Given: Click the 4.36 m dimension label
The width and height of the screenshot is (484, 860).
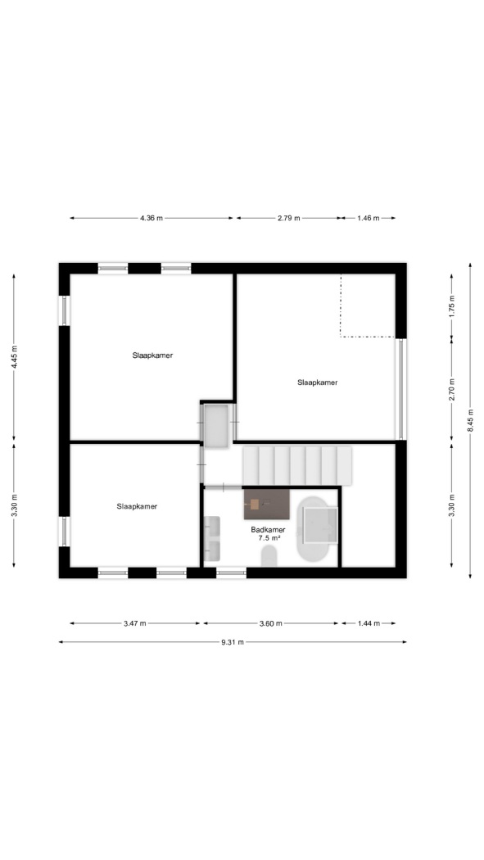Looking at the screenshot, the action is coord(152,218).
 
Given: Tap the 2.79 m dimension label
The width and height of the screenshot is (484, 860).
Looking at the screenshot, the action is coord(288,218).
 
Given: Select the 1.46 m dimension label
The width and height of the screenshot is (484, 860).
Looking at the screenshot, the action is coord(368,218).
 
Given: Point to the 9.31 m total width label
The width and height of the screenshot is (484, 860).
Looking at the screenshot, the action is coord(233,642).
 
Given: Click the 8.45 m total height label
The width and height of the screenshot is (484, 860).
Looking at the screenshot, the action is coord(470,420).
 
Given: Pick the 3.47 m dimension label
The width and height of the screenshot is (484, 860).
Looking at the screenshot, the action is coord(135,623).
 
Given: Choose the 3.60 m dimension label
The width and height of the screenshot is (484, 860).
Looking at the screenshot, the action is coord(271,623).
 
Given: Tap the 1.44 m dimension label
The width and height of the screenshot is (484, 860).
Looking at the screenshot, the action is coord(369,623).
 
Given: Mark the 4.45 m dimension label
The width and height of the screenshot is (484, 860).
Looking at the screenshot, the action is coord(14,356).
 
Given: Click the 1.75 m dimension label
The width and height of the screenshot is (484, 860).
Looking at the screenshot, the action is coord(452,306).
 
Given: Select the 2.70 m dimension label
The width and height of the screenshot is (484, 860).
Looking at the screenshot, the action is coord(452,390).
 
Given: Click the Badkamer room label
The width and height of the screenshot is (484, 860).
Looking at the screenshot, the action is coord(268,530).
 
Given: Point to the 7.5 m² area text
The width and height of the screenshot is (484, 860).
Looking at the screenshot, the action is coord(269,539).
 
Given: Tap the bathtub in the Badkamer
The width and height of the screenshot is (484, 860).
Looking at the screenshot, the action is coord(318,529).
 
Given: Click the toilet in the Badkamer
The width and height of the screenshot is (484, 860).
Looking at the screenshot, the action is coord(269,556).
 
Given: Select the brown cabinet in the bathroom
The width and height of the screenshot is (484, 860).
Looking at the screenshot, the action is coord(266,504).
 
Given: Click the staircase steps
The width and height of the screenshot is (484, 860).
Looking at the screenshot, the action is coord(297,465).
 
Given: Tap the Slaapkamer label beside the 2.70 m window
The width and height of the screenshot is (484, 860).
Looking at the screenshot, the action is coord(318,382).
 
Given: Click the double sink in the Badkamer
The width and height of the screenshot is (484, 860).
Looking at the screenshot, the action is coord(211,538).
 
